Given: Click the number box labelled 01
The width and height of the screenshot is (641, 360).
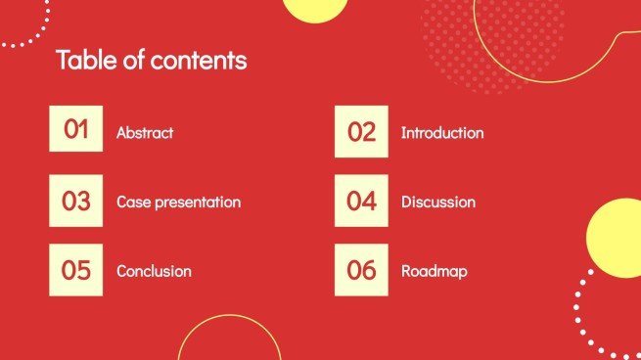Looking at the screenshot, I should pos(75,129).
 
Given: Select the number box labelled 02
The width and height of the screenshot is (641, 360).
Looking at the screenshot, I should pos(361,131).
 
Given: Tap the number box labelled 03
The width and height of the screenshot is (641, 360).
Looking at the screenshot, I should pos(75,201).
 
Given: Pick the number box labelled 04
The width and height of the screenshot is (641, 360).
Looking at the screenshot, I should pos(361,202).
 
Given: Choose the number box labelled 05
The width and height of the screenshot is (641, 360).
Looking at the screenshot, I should pos(75,270).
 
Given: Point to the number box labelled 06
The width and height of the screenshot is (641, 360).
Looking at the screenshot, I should pos(361,270).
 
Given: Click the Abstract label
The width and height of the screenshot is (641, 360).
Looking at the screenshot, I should pos(145,132).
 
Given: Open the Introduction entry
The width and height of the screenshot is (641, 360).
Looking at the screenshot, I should pos(441,132).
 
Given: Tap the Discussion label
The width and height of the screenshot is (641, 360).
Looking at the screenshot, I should pos(437,202).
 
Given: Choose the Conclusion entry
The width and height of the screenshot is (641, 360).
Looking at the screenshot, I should pos(154,271).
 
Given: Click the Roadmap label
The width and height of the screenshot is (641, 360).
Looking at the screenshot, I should pos(434,271).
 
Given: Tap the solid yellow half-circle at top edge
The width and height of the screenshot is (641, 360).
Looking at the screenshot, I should pos(315,9).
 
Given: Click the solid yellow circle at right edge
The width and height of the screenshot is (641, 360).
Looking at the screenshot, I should pos(617,238).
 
